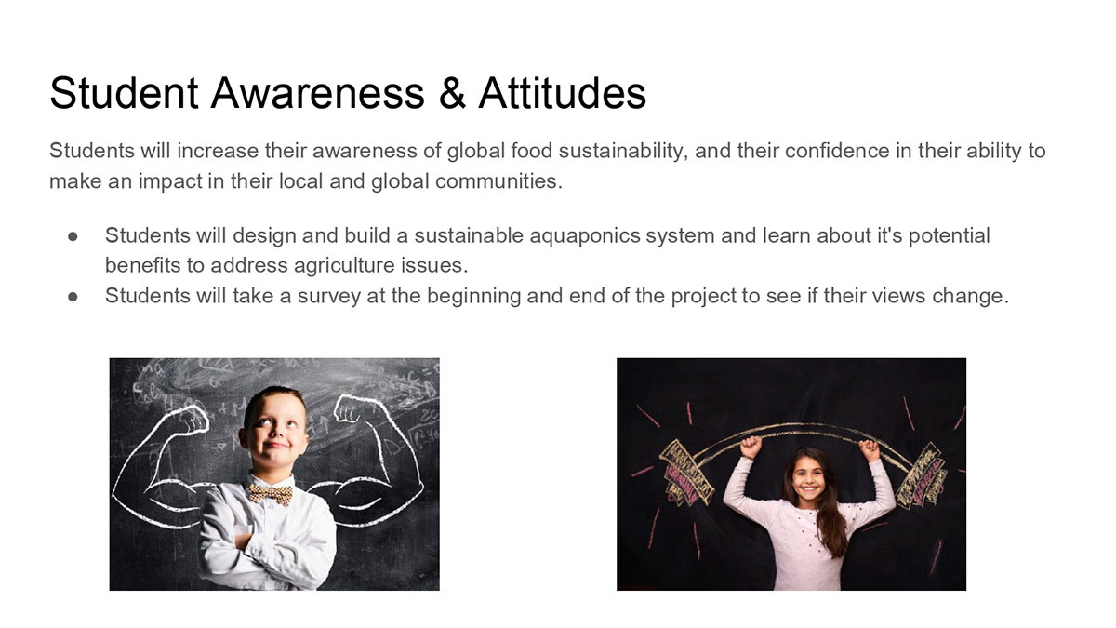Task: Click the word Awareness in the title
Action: point(317,93)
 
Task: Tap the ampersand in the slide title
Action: point(452,93)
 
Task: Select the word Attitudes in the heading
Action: point(562,93)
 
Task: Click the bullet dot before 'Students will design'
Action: point(73,236)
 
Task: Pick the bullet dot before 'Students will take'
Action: point(73,297)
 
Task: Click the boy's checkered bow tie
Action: point(271,494)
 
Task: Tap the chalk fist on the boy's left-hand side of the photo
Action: point(193,418)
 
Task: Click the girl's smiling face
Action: point(808,479)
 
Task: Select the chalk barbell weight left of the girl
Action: point(686,472)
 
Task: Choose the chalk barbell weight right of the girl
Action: point(922,476)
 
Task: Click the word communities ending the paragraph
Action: point(498,181)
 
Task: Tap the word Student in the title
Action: point(124,93)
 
